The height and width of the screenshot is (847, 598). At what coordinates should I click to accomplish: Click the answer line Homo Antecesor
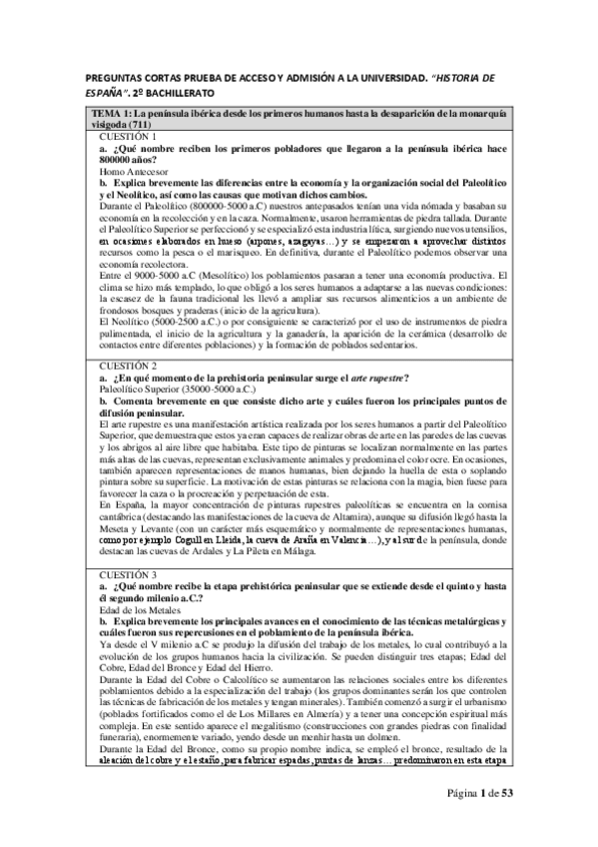click(125, 172)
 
